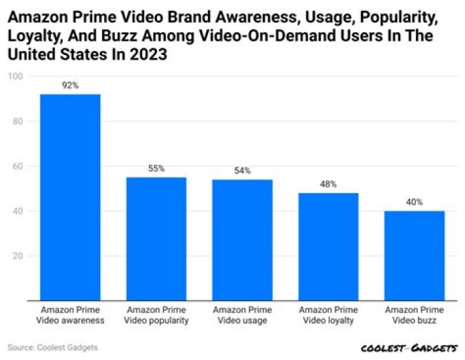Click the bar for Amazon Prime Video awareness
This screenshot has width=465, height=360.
pyautogui.click(x=70, y=197)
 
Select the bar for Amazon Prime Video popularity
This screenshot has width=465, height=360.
pyautogui.click(x=156, y=238)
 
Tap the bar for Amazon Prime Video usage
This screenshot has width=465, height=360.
pyautogui.click(x=242, y=240)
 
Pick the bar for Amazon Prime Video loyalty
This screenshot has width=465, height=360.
pyautogui.click(x=328, y=246)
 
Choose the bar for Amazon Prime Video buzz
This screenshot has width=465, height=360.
pyautogui.click(x=414, y=255)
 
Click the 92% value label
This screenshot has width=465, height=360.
pyautogui.click(x=70, y=85)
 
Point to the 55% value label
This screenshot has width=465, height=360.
pyautogui.click(x=156, y=168)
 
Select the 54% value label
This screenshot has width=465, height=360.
pyautogui.click(x=242, y=171)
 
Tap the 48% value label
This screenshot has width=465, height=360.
pyautogui.click(x=328, y=184)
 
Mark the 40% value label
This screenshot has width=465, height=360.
pyautogui.click(x=414, y=202)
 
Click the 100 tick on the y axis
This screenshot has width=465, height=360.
pyautogui.click(x=15, y=76)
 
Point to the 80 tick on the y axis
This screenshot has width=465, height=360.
pyautogui.click(x=17, y=122)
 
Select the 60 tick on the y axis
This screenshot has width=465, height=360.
pyautogui.click(x=17, y=166)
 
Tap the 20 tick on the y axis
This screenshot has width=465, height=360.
pyautogui.click(x=17, y=256)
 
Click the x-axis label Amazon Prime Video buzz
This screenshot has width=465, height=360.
pyautogui.click(x=414, y=315)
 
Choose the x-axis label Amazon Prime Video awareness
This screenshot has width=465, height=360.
pyautogui.click(x=70, y=315)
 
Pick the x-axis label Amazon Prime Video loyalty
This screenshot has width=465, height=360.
pyautogui.click(x=328, y=315)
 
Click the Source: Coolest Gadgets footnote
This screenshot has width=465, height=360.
pyautogui.click(x=53, y=348)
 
